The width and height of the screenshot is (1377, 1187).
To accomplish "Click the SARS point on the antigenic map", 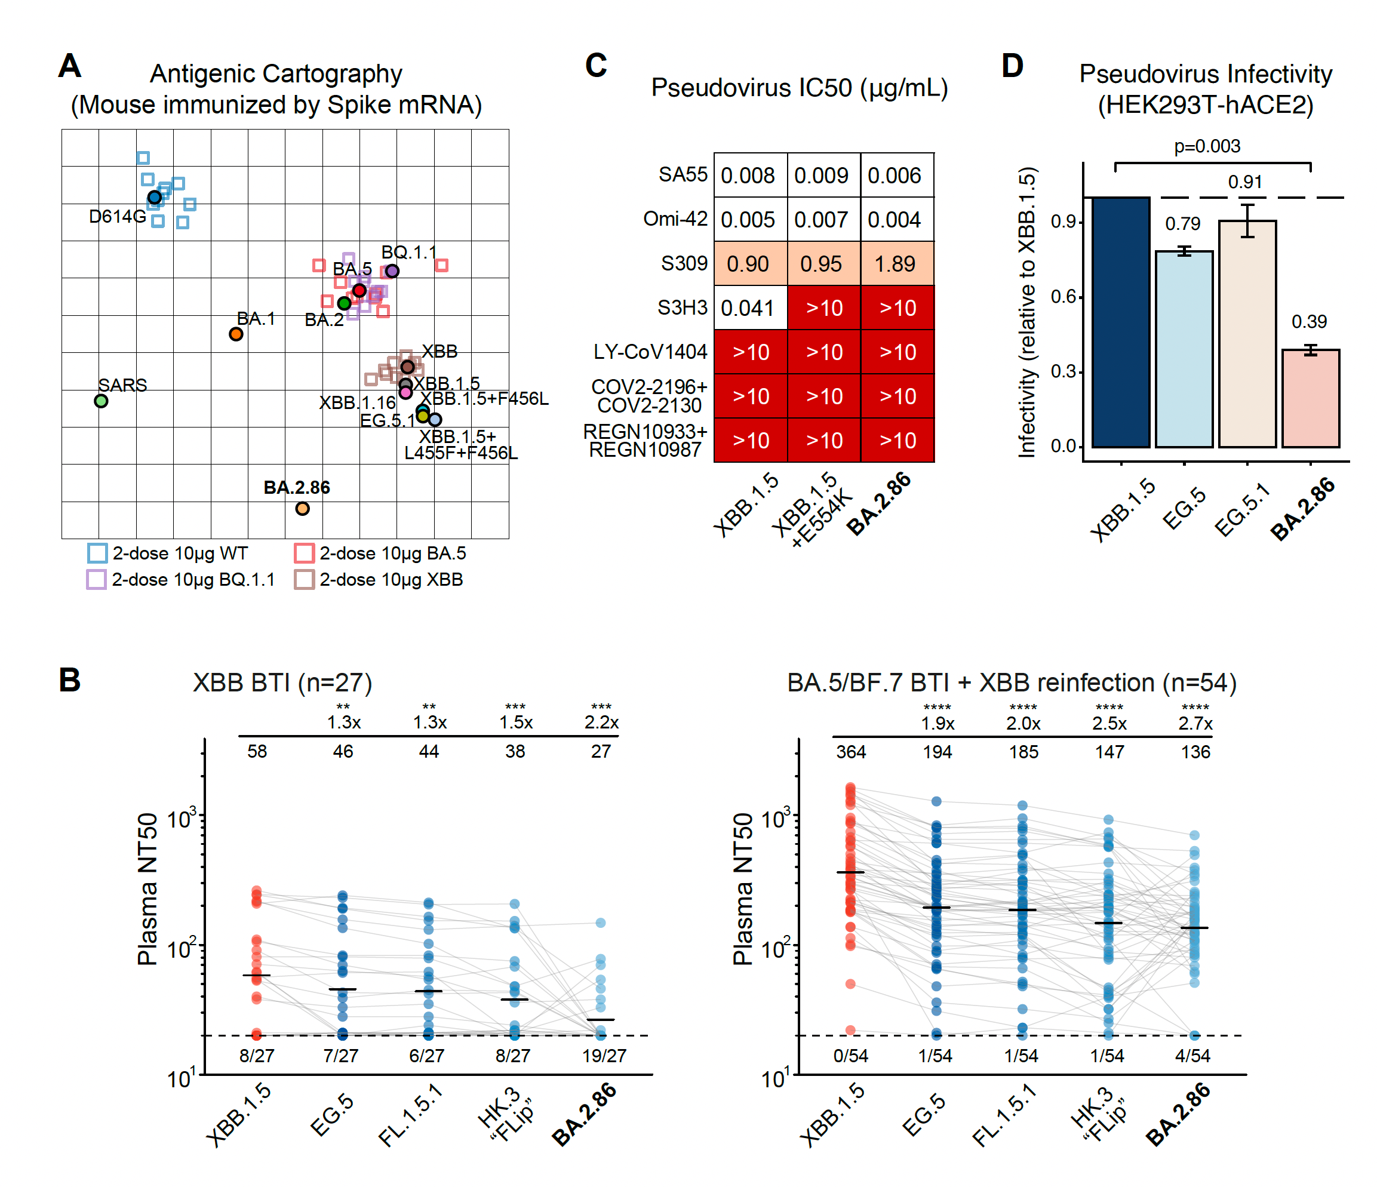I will pyautogui.click(x=101, y=401).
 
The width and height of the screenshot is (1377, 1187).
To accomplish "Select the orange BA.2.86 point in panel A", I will pyautogui.click(x=302, y=509).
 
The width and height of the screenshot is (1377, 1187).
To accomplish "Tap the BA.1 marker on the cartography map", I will pyautogui.click(x=236, y=334).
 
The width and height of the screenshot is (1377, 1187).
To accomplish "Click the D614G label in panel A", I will pyautogui.click(x=117, y=217).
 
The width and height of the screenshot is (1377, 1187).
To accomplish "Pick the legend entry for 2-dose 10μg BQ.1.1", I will pyautogui.click(x=180, y=580).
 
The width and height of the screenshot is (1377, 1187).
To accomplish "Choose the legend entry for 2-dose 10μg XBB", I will pyautogui.click(x=379, y=580).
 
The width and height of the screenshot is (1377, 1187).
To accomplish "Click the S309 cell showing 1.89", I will pyautogui.click(x=896, y=264).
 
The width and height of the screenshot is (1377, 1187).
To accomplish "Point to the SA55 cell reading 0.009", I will pyautogui.click(x=823, y=176).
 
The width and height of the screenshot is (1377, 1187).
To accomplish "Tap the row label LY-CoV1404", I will pyautogui.click(x=650, y=352).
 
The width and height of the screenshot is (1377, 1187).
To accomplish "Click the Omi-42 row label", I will pyautogui.click(x=675, y=219).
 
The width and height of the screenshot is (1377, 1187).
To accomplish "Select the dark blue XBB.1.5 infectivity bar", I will pyautogui.click(x=1120, y=322).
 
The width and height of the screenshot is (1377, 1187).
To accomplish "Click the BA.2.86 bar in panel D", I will pyautogui.click(x=1310, y=398).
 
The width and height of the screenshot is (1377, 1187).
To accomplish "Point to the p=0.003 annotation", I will pyautogui.click(x=1207, y=146).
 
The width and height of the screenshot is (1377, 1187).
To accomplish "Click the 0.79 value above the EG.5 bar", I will pyautogui.click(x=1183, y=224).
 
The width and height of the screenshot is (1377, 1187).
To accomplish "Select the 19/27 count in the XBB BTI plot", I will pyautogui.click(x=604, y=1056).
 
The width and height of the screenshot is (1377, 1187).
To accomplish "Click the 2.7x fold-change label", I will pyautogui.click(x=1195, y=723).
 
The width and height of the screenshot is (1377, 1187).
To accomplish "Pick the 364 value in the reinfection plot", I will pyautogui.click(x=851, y=752).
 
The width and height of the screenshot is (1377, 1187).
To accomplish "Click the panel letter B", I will pyautogui.click(x=70, y=680).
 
